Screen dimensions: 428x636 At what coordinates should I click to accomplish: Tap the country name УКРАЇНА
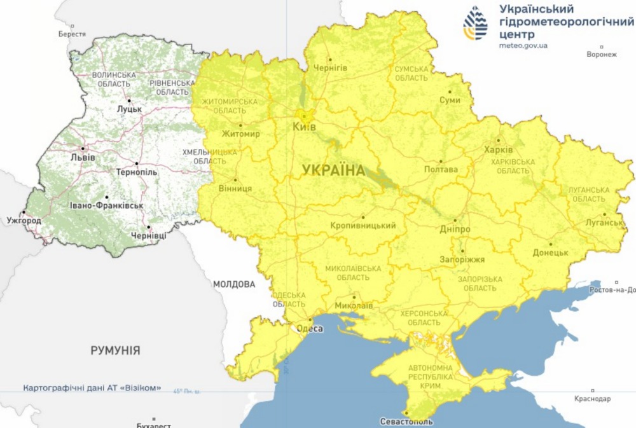click(x=333, y=170)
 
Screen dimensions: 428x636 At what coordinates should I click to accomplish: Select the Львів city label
click(x=83, y=157)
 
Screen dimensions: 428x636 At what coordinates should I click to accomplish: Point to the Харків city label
click(x=498, y=149)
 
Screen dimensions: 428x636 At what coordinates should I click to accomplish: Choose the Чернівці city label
click(x=148, y=236)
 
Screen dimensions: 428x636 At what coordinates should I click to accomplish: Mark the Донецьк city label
click(x=550, y=252)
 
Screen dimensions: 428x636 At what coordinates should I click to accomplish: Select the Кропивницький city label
click(x=363, y=226)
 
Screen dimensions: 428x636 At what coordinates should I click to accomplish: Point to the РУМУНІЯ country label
click(x=115, y=350)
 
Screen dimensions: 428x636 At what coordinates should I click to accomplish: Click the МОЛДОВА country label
click(x=234, y=284)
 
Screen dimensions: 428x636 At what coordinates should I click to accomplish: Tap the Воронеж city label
click(x=601, y=54)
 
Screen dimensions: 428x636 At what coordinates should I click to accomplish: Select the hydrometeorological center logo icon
click(x=476, y=23)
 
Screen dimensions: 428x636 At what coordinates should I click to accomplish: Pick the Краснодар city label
click(x=591, y=399)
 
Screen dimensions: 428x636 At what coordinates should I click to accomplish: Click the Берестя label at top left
click(x=71, y=34)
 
